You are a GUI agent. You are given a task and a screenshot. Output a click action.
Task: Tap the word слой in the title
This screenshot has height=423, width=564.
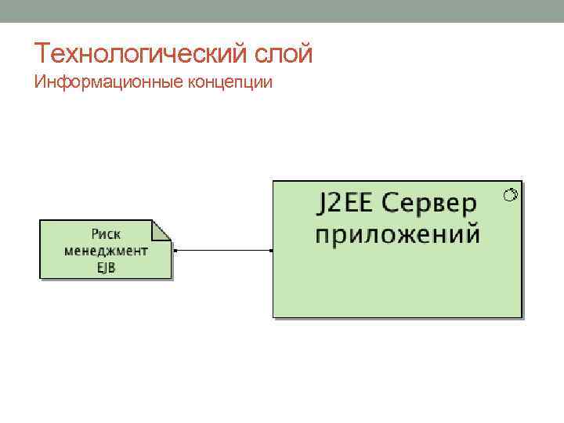tap(284, 54)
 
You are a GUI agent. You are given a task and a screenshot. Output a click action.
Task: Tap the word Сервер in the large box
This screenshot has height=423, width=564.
tap(430, 204)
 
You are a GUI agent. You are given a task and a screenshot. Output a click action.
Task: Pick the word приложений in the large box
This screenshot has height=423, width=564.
tap(397, 234)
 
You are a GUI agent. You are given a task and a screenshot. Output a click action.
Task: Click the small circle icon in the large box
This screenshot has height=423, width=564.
tap(511, 193)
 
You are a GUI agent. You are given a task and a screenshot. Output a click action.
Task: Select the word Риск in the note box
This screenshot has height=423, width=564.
tap(106, 233)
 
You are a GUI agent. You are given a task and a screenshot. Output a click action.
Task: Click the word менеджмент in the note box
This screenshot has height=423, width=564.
tap(106, 251)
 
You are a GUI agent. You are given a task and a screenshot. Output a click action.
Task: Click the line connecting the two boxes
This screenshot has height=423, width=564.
tap(223, 251)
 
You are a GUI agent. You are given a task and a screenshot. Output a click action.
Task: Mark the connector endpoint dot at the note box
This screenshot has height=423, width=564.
tap(175, 251)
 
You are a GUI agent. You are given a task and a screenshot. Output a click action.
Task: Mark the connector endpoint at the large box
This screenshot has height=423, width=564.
tap(271, 251)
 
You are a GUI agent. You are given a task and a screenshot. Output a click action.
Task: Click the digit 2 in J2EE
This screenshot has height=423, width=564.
tap(334, 204)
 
